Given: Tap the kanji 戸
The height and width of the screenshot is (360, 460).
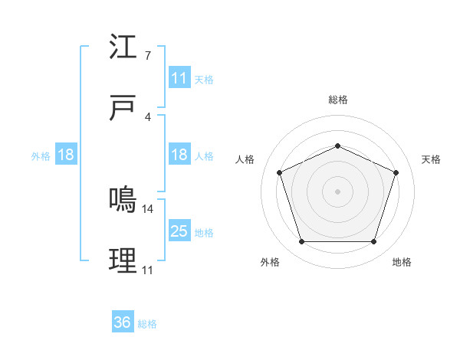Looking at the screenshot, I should [123, 108].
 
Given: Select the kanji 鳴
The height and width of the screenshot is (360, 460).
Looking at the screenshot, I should [123, 200].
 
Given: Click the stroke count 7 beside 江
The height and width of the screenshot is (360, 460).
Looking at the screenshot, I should [147, 56].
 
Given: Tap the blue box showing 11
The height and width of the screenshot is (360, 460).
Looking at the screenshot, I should [179, 78].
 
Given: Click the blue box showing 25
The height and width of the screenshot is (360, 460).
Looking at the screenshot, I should [179, 231].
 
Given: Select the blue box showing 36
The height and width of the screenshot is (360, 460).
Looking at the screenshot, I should [123, 322].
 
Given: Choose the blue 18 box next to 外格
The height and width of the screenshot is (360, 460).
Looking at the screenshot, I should [65, 155].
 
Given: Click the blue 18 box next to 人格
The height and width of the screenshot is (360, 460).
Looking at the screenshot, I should [179, 155].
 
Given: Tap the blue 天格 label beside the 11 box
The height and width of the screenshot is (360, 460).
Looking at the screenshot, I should [204, 79].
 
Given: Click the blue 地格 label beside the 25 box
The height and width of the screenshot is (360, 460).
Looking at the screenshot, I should [204, 232].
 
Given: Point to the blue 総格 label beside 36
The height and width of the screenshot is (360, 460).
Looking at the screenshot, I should [147, 323].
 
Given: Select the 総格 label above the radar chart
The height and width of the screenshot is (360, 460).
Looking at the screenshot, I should [337, 100].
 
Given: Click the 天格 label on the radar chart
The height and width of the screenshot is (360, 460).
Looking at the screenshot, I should [432, 159].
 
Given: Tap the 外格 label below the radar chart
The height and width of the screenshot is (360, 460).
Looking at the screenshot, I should [270, 262].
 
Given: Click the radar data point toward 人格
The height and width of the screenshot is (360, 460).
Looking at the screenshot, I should [279, 172].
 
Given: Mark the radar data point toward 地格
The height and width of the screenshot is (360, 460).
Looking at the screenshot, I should [373, 241].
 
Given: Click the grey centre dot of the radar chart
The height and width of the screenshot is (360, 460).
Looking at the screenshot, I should [337, 191].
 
